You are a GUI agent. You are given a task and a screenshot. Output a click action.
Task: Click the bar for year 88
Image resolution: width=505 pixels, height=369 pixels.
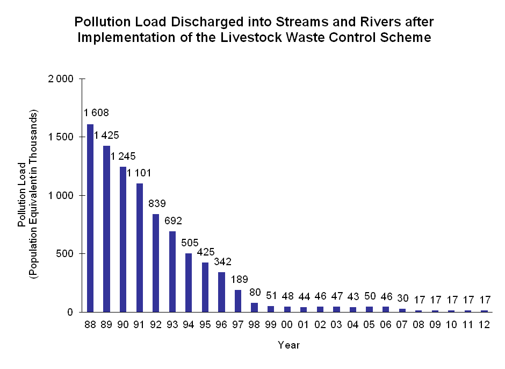tap(90, 218)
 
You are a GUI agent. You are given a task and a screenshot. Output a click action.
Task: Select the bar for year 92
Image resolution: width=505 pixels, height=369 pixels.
tap(156, 263)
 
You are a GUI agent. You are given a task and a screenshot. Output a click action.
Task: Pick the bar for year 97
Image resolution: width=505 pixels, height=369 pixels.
tap(238, 301)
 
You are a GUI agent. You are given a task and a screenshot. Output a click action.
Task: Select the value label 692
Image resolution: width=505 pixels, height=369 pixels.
tap(172, 220)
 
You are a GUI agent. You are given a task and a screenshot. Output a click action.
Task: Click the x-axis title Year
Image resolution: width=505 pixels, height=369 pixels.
tap(288, 345)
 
